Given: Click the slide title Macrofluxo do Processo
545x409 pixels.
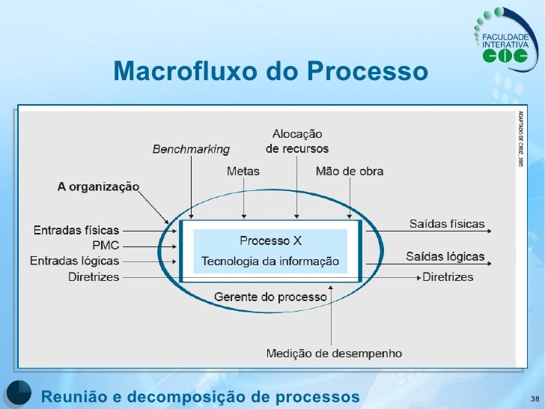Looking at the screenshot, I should (271, 72).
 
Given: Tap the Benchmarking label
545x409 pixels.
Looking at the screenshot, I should (191, 149).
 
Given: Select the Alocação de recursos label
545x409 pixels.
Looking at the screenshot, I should (297, 142).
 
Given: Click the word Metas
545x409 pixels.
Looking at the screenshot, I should (243, 172).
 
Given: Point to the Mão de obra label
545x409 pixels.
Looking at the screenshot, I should (350, 172).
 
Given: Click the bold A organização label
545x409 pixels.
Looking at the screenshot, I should (98, 187).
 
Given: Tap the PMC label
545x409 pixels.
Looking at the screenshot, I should (105, 246).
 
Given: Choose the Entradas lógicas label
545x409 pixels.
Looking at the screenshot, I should (75, 261).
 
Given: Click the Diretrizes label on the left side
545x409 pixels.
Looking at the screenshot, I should (93, 276).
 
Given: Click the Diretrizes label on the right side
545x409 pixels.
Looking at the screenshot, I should (448, 277).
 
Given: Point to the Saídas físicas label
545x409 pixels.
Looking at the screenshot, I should (447, 224).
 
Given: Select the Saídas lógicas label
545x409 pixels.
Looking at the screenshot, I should (445, 257).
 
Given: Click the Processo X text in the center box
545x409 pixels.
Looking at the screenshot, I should (270, 240).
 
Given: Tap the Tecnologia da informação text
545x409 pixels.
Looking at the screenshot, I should (270, 261).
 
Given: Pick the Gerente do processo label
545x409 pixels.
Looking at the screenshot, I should (270, 297).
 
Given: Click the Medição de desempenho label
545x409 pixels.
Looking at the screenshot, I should (334, 354).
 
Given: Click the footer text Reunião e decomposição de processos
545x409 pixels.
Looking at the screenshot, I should (200, 396).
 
